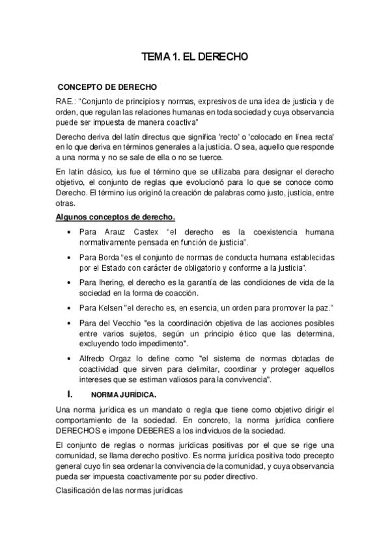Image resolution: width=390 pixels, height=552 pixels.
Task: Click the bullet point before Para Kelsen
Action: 69,307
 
